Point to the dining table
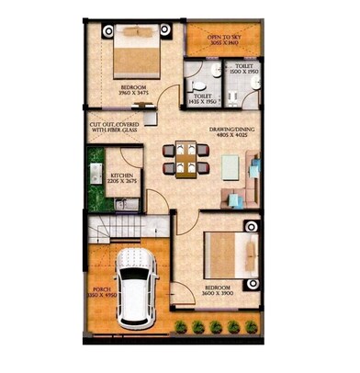pos(187,157)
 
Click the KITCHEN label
pos(123,175)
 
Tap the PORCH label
pos(100,288)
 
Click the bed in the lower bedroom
pos(230,252)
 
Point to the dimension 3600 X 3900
pos(219,295)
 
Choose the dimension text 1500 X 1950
pos(243,72)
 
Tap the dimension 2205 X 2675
pos(123,182)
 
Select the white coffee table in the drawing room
pos(231,165)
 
